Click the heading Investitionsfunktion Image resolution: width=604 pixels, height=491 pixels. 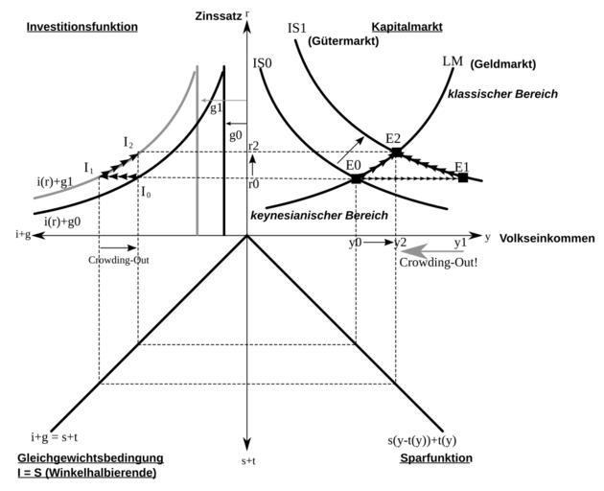click(x=81, y=27)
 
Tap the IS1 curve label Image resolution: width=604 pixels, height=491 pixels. click(x=297, y=27)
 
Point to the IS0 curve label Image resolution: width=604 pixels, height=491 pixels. click(x=264, y=64)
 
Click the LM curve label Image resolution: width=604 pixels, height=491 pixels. click(x=453, y=62)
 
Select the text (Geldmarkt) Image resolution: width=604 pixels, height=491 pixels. click(x=503, y=64)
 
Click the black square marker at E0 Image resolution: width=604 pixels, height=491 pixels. click(x=357, y=178)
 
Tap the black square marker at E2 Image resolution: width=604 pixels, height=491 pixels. click(x=396, y=152)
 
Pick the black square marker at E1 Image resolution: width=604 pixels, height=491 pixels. click(x=463, y=177)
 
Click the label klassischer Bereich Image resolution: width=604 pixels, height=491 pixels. click(x=502, y=94)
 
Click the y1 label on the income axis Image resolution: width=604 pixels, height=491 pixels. click(x=460, y=243)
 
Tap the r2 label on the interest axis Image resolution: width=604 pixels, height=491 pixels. click(x=254, y=145)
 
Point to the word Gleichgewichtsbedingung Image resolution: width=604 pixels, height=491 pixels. click(x=90, y=458)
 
